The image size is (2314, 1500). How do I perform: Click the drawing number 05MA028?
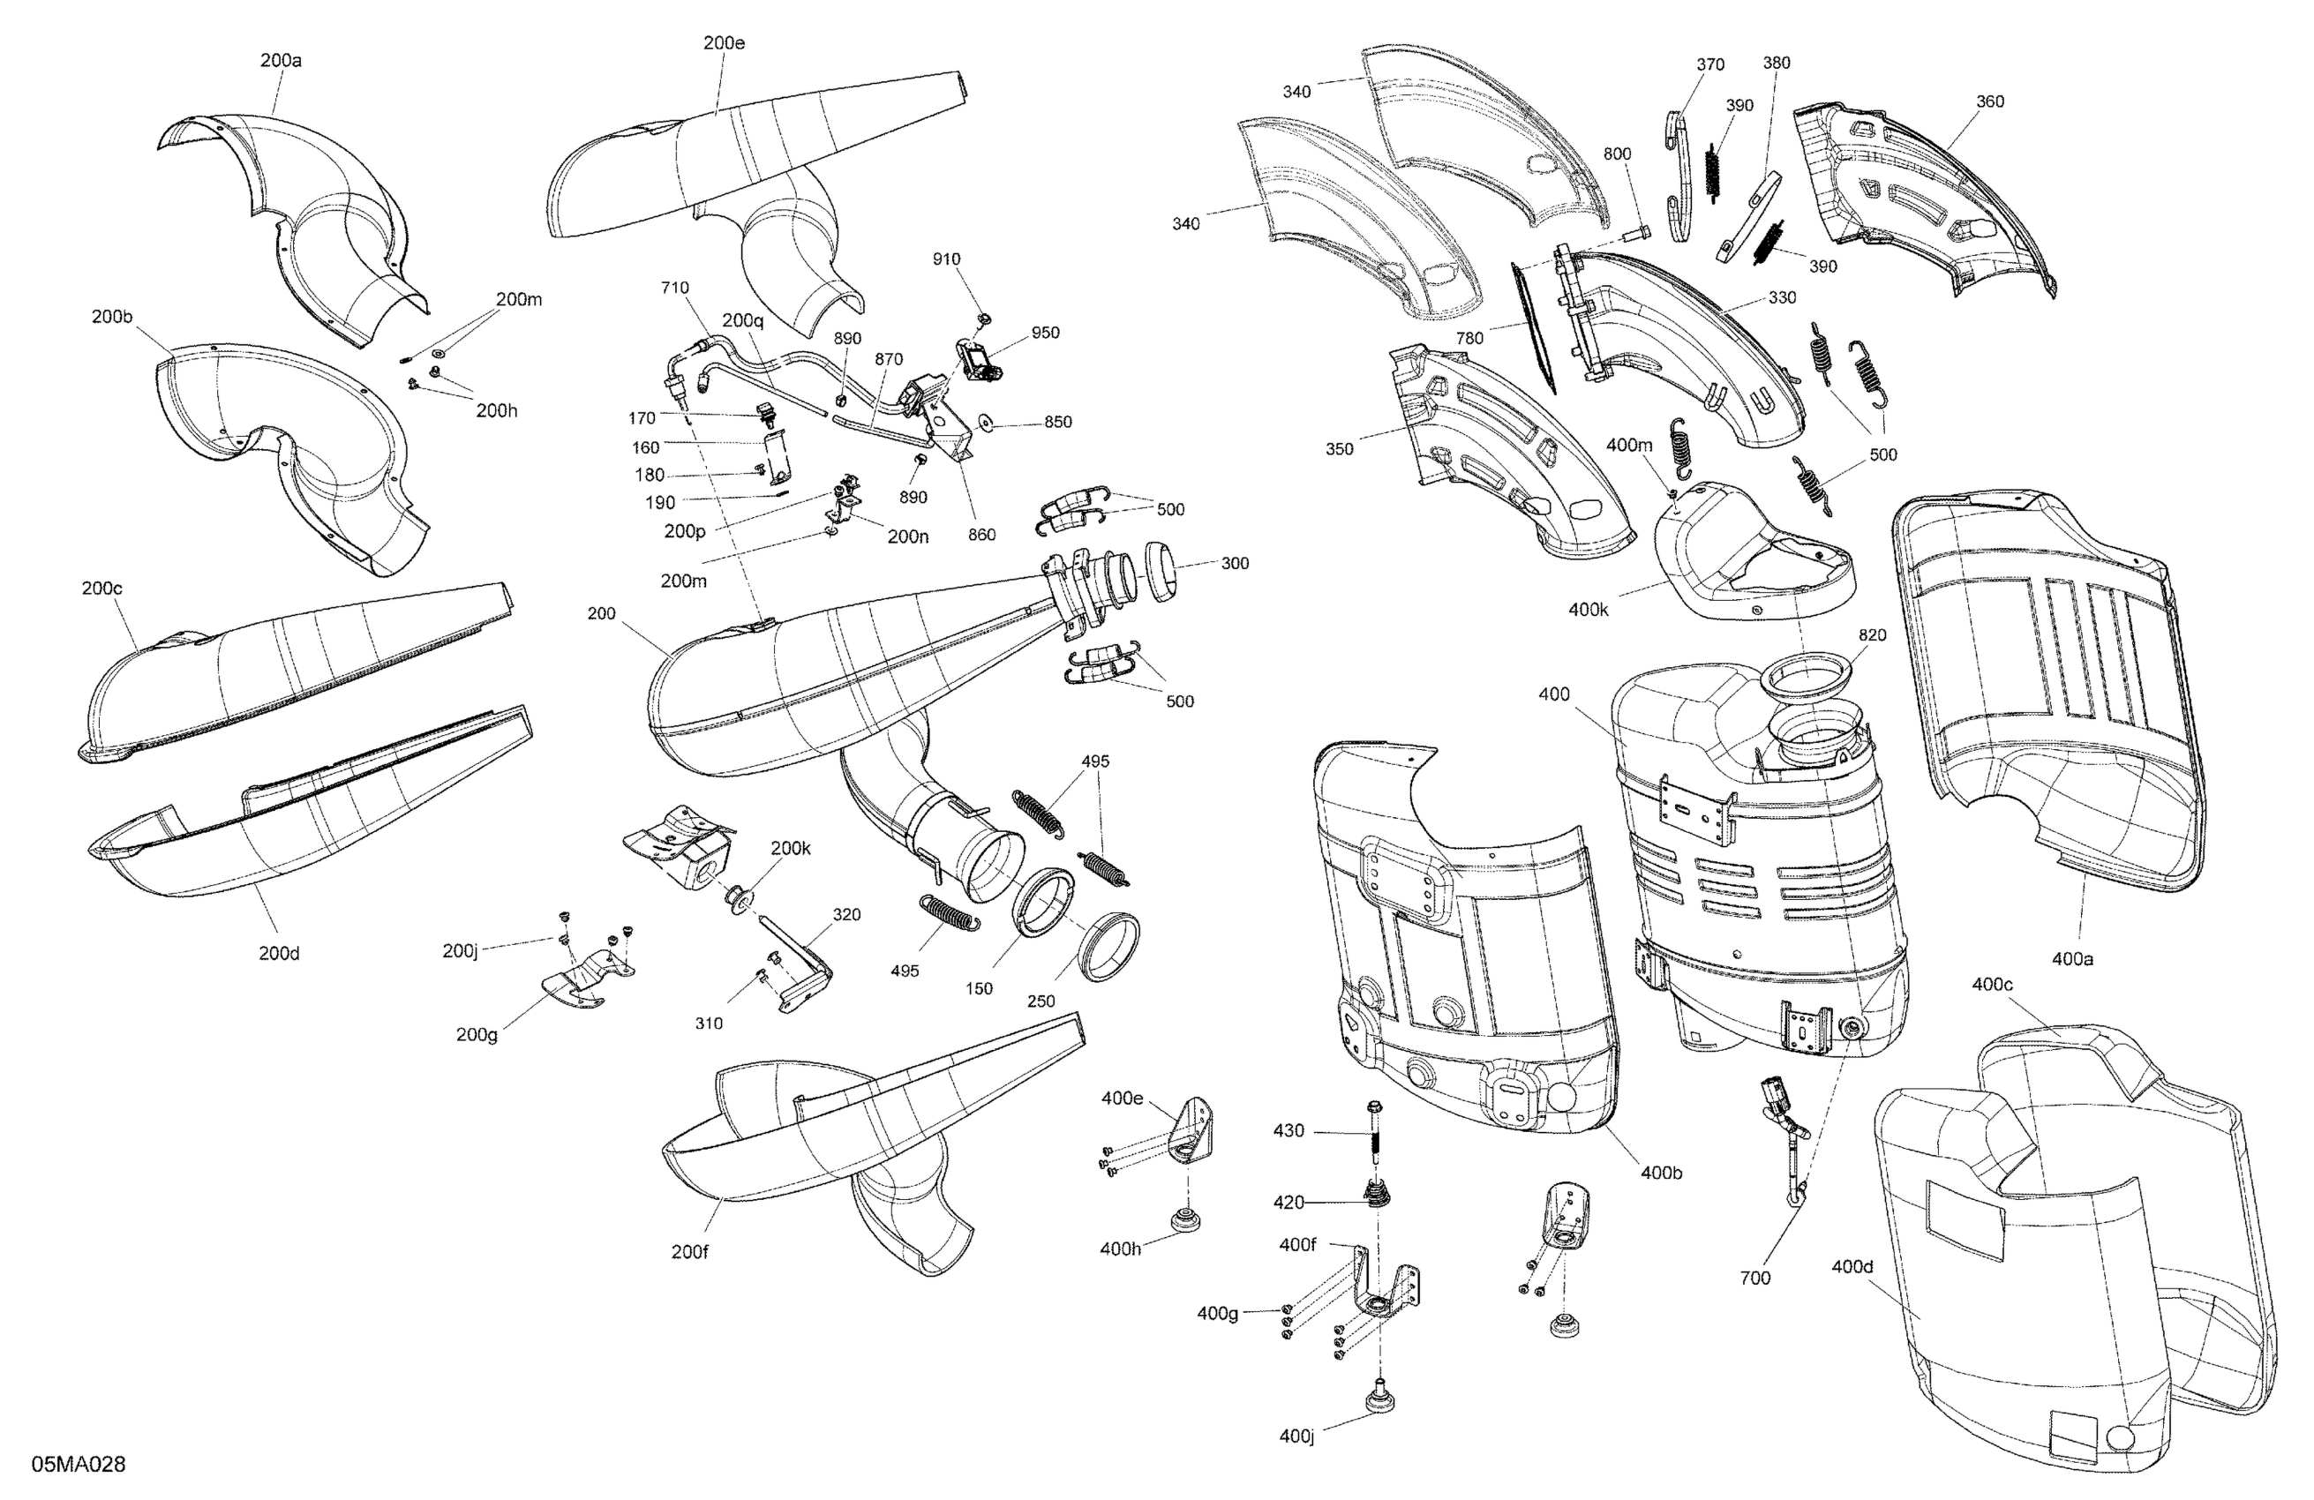point(79,1464)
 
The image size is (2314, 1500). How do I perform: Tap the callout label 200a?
point(280,60)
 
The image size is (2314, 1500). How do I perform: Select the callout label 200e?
point(725,42)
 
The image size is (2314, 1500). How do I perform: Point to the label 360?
point(1990,101)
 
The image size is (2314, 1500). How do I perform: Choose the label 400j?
point(1297,1436)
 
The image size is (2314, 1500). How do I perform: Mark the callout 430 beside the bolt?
point(1288,1130)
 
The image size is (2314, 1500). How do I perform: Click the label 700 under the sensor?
point(1755,1279)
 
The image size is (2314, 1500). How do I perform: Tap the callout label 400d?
point(1852,1267)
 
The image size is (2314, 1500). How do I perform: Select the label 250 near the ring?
point(1041,1001)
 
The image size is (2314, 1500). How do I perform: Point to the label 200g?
point(477,1034)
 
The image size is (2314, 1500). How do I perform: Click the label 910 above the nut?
point(946,259)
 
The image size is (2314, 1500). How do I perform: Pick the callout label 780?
point(1469,338)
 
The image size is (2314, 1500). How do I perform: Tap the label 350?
point(1339,449)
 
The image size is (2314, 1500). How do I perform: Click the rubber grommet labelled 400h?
point(1185,1219)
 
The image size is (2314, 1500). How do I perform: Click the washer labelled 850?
point(987,422)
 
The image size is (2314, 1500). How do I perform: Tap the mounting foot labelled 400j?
point(1379,1397)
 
